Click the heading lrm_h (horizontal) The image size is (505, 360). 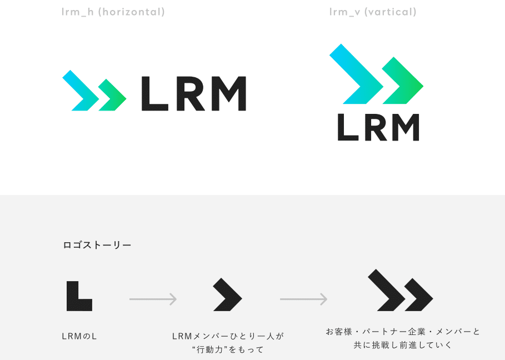(113, 12)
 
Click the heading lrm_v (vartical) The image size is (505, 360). (373, 12)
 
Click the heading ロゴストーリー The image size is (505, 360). (97, 245)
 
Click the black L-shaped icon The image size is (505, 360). (78, 297)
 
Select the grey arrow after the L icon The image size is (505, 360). (153, 299)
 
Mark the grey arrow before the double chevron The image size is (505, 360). (303, 299)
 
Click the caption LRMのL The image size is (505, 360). (79, 336)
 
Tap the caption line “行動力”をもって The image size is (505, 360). (227, 349)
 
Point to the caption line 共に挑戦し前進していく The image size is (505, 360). (403, 345)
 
